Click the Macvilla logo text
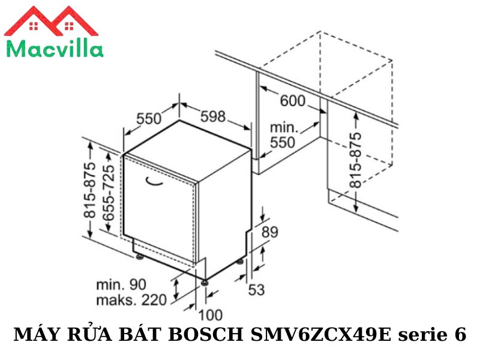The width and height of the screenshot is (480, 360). (54, 47)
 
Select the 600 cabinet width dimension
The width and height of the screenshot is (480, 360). (292, 100)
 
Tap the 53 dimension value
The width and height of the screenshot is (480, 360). (256, 290)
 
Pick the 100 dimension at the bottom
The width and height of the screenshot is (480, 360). (209, 314)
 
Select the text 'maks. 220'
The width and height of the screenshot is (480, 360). (130, 299)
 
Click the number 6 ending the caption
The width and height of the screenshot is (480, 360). (460, 335)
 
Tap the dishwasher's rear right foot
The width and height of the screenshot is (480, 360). (241, 262)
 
